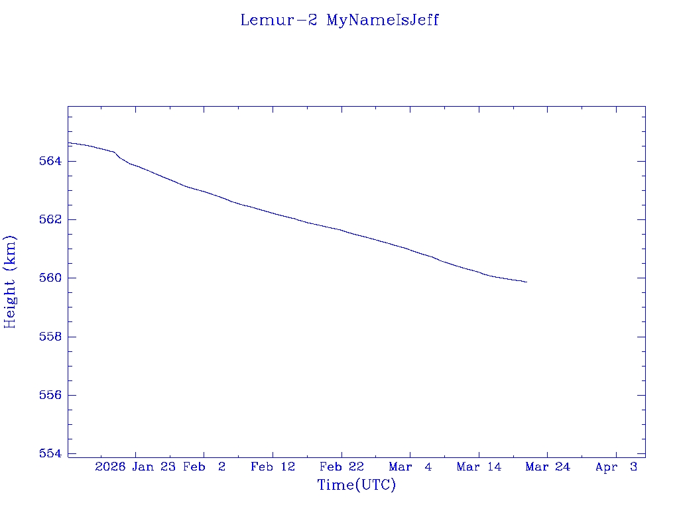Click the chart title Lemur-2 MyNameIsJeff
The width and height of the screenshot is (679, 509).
point(339,20)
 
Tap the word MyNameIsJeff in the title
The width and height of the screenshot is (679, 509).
point(383,20)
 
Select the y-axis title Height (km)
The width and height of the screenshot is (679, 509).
point(10,281)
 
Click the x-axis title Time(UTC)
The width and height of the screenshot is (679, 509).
point(356,485)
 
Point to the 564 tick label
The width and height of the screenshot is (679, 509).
point(51,161)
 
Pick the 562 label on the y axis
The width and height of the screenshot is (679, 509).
point(51,219)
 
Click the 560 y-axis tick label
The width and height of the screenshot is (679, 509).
point(51,278)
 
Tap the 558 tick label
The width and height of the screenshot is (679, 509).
point(51,337)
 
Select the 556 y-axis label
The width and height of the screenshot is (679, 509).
point(51,395)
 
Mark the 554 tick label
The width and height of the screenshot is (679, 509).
point(51,453)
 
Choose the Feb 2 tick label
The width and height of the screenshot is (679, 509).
point(204,467)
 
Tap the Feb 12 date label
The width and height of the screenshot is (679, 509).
point(273,467)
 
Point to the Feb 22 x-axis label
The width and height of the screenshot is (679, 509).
point(341,467)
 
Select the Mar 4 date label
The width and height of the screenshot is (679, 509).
point(410,467)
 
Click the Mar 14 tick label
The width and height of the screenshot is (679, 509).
point(479,467)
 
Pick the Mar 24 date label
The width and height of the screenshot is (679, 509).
point(548,467)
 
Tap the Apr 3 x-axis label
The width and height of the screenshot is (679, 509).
point(616,467)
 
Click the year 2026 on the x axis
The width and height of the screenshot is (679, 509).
point(110,467)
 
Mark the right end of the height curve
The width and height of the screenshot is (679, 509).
point(526,282)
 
